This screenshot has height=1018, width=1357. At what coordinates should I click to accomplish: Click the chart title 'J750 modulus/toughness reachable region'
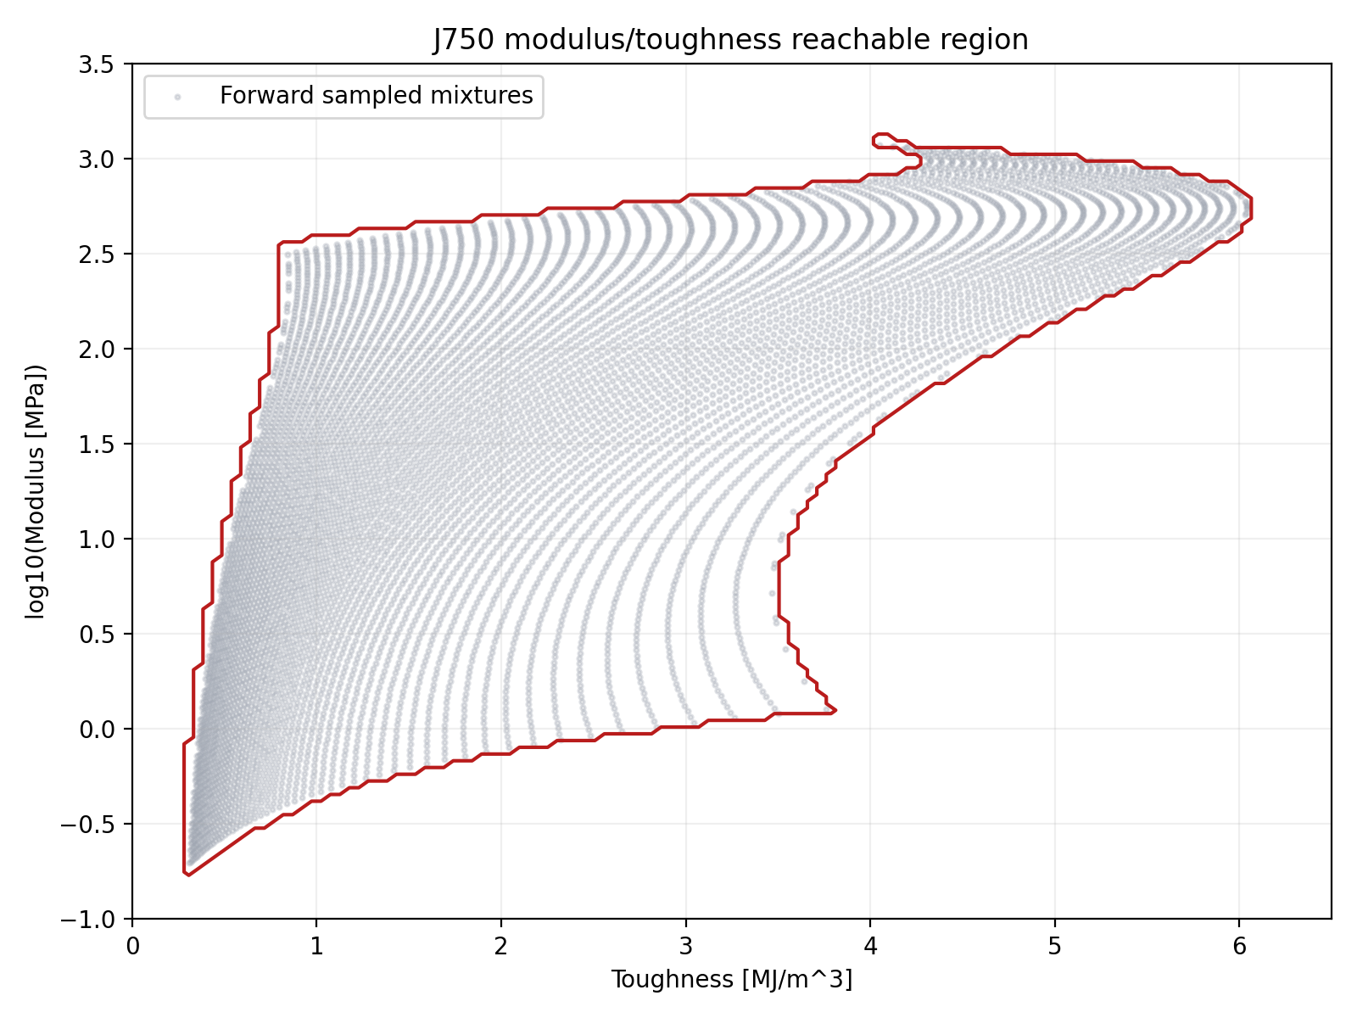731,40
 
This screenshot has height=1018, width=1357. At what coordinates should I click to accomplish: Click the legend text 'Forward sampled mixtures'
376,96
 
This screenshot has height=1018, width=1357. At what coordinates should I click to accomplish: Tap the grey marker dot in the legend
177,97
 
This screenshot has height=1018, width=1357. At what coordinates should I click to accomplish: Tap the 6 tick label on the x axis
1239,946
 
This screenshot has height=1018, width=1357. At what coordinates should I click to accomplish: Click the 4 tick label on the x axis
870,946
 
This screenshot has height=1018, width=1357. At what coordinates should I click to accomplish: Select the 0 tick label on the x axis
132,946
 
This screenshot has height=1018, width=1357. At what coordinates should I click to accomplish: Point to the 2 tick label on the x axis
501,946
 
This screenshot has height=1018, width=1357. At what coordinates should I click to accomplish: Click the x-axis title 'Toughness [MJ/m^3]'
731,980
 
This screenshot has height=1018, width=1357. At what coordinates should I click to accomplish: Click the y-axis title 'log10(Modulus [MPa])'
35,492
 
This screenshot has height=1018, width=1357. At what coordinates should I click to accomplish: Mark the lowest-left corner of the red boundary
186,873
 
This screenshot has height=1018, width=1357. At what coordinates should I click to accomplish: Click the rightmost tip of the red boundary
1251,208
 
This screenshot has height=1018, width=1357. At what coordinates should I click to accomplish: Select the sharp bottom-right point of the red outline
835,710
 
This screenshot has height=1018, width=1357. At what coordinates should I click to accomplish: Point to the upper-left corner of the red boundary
280,243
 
